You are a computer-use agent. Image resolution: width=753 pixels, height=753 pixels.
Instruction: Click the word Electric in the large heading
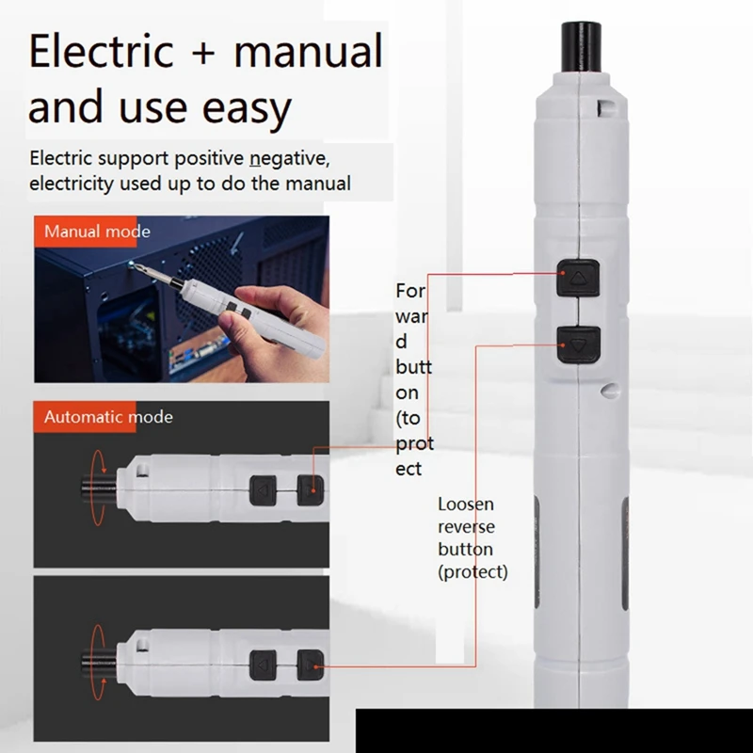tap(103, 52)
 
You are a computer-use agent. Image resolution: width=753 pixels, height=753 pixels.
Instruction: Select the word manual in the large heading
tap(308, 52)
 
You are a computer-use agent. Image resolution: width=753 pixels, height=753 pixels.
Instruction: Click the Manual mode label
tap(97, 232)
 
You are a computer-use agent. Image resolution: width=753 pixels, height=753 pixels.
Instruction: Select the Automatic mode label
tap(108, 416)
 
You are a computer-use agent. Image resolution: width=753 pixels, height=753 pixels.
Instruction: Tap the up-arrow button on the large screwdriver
tap(578, 277)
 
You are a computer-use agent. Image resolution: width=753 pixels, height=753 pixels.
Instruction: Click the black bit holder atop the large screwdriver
tap(581, 47)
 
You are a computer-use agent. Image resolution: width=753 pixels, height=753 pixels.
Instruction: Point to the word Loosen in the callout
tap(466, 505)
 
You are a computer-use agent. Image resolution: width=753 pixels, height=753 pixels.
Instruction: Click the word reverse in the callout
tap(466, 527)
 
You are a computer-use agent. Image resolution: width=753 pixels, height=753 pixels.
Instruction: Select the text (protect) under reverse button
tap(473, 571)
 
